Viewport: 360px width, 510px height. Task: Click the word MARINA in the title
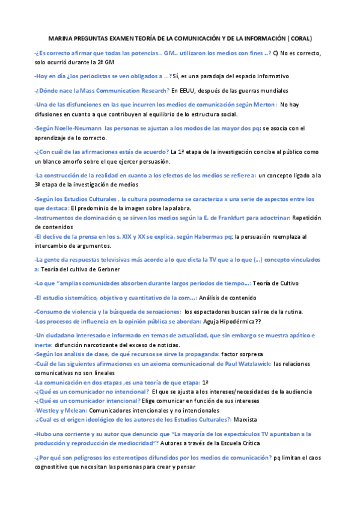coord(58,38)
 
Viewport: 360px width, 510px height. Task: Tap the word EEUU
coord(180,90)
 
